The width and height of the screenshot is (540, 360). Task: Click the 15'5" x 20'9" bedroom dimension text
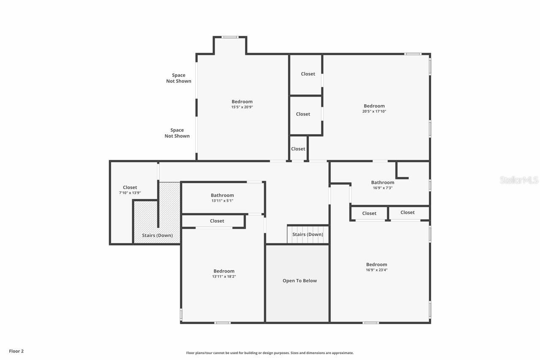pyautogui.click(x=242, y=107)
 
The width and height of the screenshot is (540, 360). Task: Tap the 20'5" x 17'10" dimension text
pyautogui.click(x=374, y=111)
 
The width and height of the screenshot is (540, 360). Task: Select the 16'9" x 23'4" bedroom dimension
pyautogui.click(x=376, y=270)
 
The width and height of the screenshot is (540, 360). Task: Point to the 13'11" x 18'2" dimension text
pyautogui.click(x=224, y=276)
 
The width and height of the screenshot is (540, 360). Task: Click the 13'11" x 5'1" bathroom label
pyautogui.click(x=222, y=198)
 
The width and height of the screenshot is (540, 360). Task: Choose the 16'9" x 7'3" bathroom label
pyautogui.click(x=382, y=185)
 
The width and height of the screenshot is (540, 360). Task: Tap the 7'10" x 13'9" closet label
pyautogui.click(x=130, y=190)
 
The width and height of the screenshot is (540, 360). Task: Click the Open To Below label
pyautogui.click(x=300, y=281)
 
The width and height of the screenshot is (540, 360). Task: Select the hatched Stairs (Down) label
pyautogui.click(x=157, y=235)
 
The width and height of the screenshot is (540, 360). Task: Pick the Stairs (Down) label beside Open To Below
pyautogui.click(x=308, y=235)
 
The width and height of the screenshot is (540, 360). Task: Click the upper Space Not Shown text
pyautogui.click(x=178, y=78)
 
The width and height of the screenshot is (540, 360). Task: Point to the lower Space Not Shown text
pyautogui.click(x=177, y=133)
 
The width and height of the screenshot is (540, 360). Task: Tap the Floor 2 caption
pyautogui.click(x=16, y=351)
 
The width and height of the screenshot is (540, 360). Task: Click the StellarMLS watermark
pyautogui.click(x=519, y=180)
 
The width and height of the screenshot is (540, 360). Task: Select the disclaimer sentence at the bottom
pyautogui.click(x=270, y=353)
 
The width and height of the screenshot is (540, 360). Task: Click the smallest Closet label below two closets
pyautogui.click(x=298, y=149)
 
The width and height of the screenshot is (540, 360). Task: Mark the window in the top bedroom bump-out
pyautogui.click(x=230, y=37)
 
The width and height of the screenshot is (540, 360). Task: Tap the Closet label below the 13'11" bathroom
pyautogui.click(x=217, y=221)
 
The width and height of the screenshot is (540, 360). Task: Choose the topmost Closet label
pyautogui.click(x=308, y=74)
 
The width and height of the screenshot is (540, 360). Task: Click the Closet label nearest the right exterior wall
pyautogui.click(x=408, y=213)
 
